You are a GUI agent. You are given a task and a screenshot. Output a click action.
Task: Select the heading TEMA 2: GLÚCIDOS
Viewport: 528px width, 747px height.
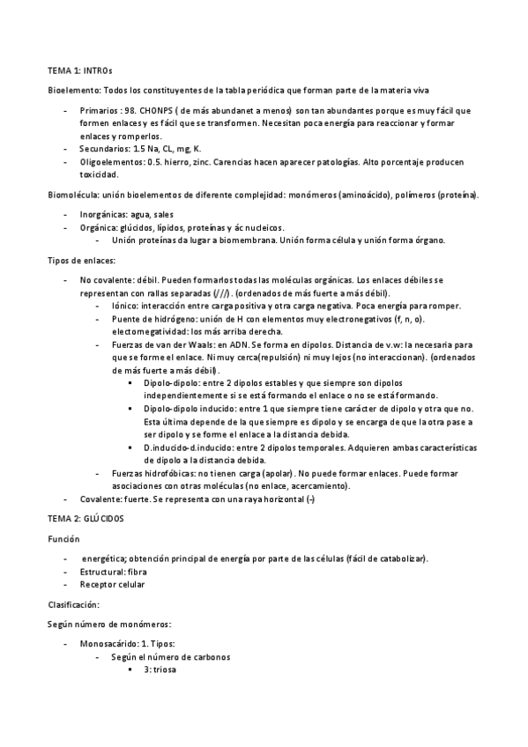(x=86, y=519)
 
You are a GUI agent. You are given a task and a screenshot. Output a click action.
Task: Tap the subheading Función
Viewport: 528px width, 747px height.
(x=63, y=538)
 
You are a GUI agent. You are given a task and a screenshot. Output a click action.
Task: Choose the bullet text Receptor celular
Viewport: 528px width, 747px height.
(x=113, y=584)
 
